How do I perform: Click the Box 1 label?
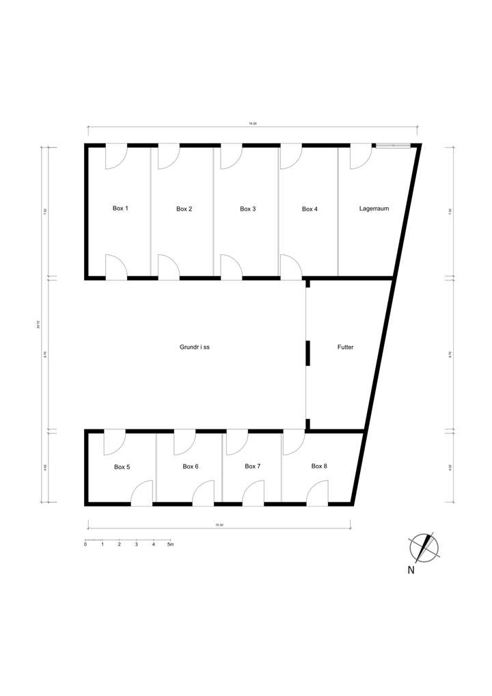pos(120,208)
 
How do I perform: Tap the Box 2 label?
pos(184,209)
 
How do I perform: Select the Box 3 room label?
pos(248,209)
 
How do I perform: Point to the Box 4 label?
pos(310,209)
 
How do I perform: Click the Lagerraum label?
pos(374,209)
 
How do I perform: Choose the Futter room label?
pos(345,347)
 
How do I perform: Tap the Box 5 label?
pos(122,467)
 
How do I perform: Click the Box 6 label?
pos(191,466)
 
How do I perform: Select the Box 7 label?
pos(253,466)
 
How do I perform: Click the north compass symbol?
pos(424,546)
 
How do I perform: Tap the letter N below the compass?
pos(411,570)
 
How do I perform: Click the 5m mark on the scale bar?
pos(171,544)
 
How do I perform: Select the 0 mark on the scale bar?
pos(85,544)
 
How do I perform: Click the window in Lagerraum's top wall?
pos(393,145)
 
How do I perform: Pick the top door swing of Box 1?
pos(115,157)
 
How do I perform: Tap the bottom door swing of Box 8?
pos(318,493)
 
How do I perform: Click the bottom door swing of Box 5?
pos(141,493)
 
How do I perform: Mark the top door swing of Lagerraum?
pos(360,157)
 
